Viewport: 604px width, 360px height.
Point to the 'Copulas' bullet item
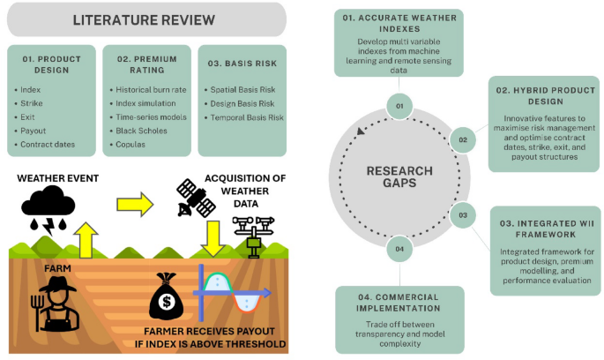[132, 143]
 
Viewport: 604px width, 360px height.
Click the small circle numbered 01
[399, 107]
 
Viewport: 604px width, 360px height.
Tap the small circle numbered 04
[399, 250]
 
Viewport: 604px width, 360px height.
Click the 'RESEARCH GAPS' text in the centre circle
[400, 178]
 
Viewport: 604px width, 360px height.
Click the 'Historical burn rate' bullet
[149, 90]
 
